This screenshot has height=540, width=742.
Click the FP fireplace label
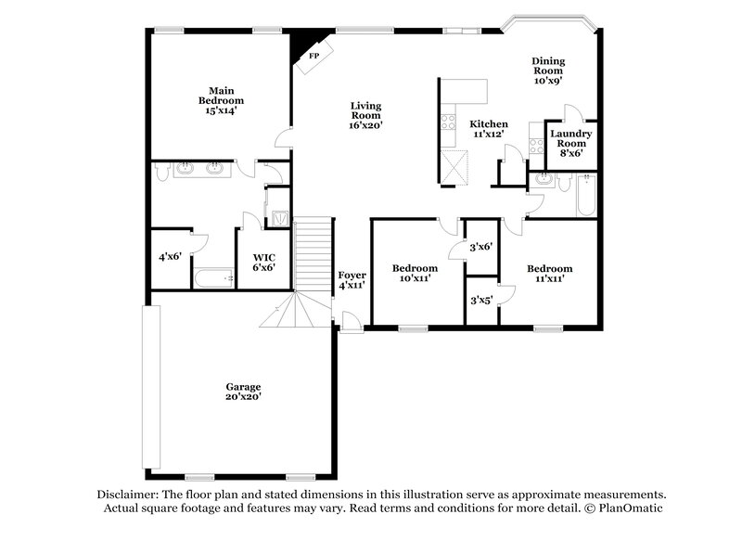click(313, 57)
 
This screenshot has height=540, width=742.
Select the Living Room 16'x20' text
click(366, 115)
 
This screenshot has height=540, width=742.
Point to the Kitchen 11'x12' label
click(488, 129)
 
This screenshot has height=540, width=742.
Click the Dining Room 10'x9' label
click(548, 71)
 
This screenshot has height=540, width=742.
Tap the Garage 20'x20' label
click(243, 392)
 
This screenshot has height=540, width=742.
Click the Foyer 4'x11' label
click(352, 280)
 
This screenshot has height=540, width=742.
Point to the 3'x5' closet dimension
click(480, 301)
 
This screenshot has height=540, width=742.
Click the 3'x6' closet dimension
click(480, 247)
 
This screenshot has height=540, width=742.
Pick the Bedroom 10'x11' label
click(414, 273)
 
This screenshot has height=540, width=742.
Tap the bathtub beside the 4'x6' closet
click(216, 277)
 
